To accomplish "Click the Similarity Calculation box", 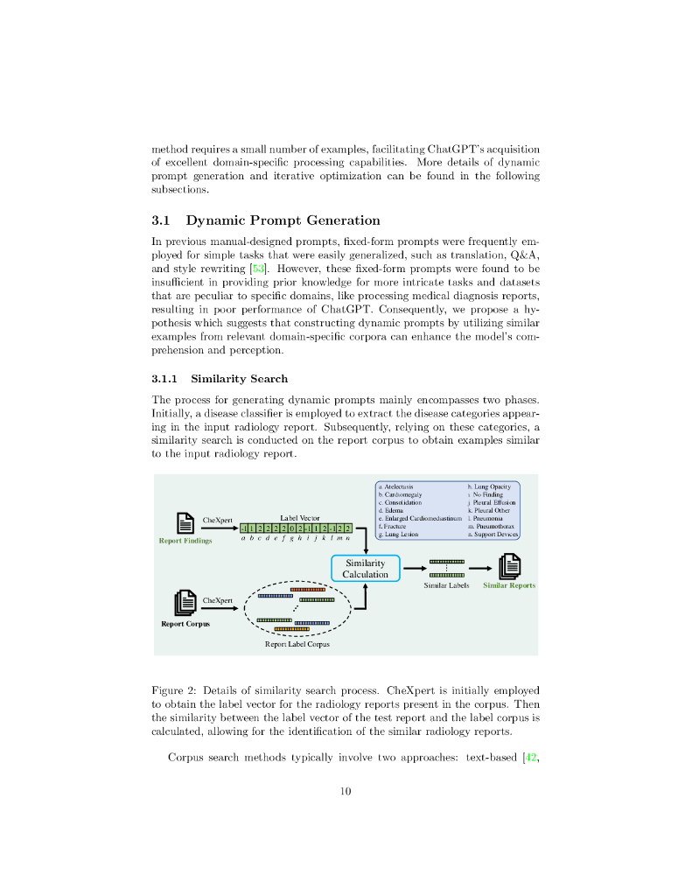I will [365, 568].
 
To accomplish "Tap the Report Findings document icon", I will [185, 522].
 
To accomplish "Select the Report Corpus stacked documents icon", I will [185, 603].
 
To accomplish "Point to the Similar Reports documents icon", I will [509, 567].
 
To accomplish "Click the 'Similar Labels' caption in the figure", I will [446, 584].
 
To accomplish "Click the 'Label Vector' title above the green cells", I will [300, 518].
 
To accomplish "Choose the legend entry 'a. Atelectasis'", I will [395, 486].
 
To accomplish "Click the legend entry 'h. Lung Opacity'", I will [489, 486].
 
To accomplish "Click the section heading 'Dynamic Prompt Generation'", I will [283, 220].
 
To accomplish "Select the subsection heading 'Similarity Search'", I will [239, 378].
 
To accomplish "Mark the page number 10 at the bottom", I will [346, 792].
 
